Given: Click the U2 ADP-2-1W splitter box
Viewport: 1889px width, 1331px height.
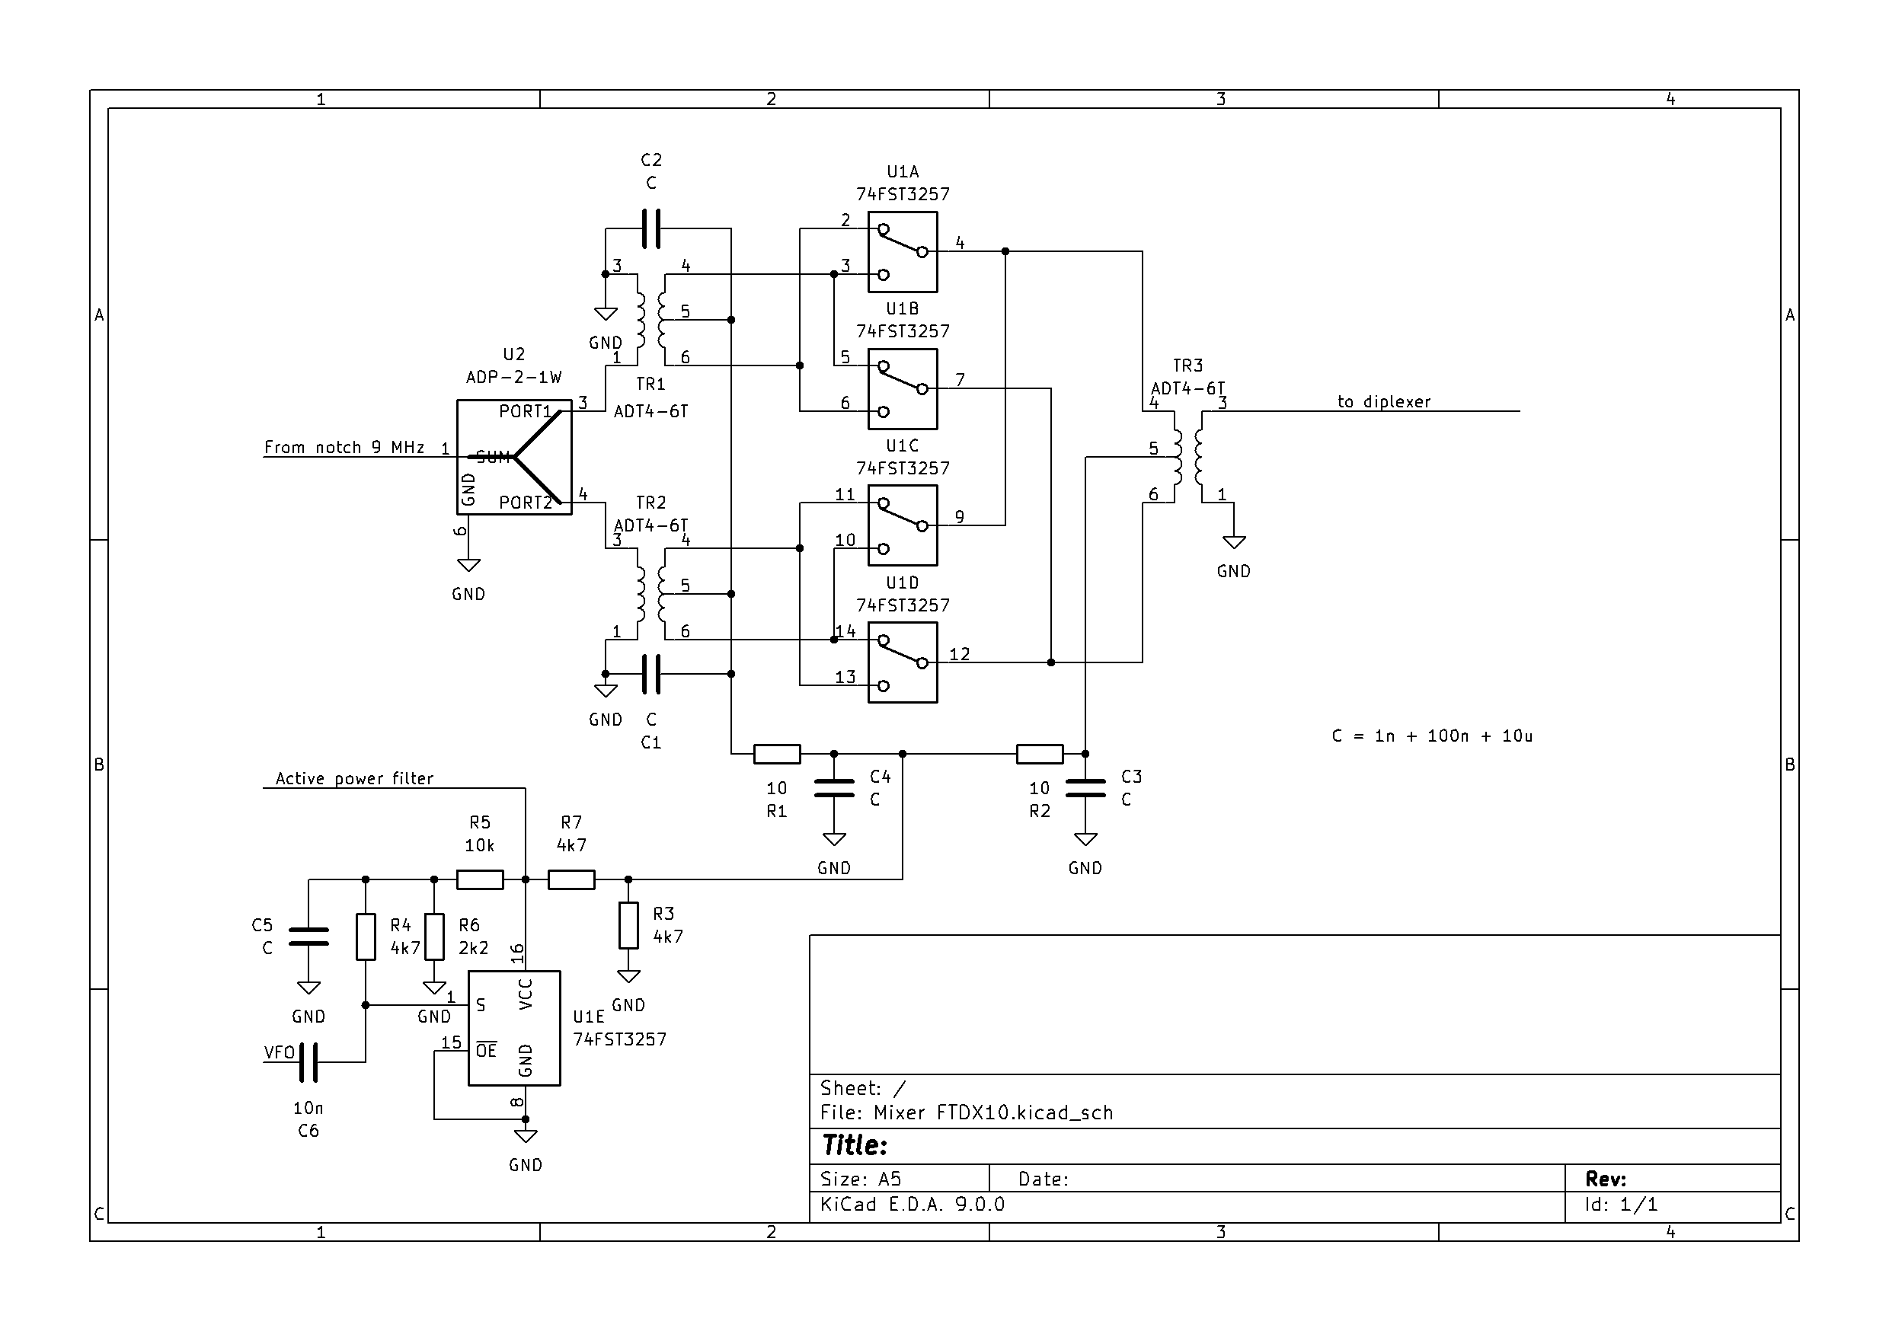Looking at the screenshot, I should (x=513, y=457).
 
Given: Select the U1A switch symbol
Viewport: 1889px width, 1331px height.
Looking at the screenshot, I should (x=903, y=252).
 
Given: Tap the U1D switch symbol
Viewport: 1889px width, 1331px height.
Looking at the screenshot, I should (x=903, y=662).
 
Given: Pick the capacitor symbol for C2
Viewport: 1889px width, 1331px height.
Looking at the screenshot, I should (x=650, y=228).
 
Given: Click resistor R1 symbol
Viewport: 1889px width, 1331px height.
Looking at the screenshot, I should (x=777, y=754).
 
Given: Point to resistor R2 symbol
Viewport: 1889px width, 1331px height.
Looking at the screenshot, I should (x=1040, y=754).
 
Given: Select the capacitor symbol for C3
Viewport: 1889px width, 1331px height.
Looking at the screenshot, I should (x=1085, y=788).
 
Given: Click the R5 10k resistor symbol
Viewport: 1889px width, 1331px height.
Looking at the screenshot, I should (x=480, y=879).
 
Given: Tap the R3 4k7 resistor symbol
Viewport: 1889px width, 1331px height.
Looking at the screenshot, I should (x=628, y=925).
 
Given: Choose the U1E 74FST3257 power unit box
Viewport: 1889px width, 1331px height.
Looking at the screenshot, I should (x=514, y=1028).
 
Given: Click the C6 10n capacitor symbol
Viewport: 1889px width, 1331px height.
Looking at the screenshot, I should (x=308, y=1062).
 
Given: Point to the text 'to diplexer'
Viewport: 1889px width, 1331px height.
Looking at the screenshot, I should (x=1384, y=401).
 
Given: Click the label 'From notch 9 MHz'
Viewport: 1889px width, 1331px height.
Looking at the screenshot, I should (x=344, y=448).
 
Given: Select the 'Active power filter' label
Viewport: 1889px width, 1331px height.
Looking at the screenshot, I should (x=353, y=778).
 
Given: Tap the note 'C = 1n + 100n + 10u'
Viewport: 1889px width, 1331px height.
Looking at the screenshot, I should (x=1431, y=736).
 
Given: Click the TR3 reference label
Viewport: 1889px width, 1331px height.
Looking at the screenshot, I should (x=1188, y=365).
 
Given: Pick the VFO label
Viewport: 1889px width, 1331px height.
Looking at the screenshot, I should (x=279, y=1052).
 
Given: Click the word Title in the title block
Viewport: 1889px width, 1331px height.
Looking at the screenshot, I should (x=854, y=1145).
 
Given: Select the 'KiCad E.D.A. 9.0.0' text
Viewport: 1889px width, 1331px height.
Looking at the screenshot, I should (x=912, y=1205).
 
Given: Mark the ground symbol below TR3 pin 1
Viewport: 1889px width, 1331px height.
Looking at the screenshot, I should (x=1233, y=542).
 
